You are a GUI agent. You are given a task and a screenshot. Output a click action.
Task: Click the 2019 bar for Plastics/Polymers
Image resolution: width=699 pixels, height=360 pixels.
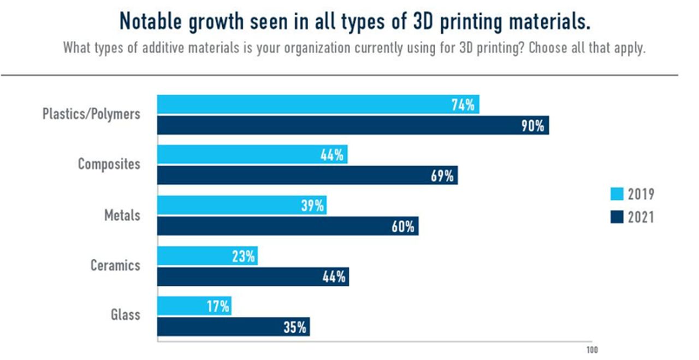[x=318, y=104]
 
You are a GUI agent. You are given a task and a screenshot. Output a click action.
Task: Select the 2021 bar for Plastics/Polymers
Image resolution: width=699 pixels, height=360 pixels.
[x=353, y=125]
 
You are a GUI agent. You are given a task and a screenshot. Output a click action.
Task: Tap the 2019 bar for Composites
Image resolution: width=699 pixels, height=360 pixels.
[x=252, y=155]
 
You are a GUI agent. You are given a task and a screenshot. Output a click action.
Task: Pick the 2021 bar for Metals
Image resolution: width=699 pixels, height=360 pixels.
[x=288, y=226]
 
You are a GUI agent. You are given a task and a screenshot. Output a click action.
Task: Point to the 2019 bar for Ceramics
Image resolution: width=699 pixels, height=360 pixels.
[x=207, y=256]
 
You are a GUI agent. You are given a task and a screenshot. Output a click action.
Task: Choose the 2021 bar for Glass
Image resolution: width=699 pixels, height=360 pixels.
[x=234, y=327]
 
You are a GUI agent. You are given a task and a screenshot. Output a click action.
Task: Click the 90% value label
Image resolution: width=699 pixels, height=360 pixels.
[x=532, y=126]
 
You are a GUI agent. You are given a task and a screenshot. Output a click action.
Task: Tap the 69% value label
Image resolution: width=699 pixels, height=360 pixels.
[x=442, y=176]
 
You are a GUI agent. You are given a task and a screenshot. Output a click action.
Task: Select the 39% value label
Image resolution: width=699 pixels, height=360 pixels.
[x=312, y=205]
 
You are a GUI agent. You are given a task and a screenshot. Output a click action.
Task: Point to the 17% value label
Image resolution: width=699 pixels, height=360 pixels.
[x=218, y=306]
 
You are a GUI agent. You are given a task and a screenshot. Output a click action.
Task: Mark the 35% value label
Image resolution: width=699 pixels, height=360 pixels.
[x=296, y=328]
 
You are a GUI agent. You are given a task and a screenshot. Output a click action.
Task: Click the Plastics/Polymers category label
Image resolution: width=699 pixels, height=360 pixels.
[x=91, y=114]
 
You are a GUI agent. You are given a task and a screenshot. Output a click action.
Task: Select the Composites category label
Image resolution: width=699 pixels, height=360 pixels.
[x=109, y=164]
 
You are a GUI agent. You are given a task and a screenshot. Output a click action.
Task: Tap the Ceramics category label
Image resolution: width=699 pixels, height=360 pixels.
[x=115, y=265]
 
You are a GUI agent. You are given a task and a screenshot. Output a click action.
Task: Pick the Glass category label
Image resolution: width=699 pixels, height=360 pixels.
[x=125, y=315]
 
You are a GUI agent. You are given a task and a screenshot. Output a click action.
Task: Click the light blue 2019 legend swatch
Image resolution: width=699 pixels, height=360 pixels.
[x=616, y=194]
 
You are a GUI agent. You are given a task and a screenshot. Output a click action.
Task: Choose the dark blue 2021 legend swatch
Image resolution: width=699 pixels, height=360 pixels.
[x=616, y=217]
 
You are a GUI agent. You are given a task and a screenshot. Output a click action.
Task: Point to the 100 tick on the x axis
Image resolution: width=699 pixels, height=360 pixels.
[x=592, y=350]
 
